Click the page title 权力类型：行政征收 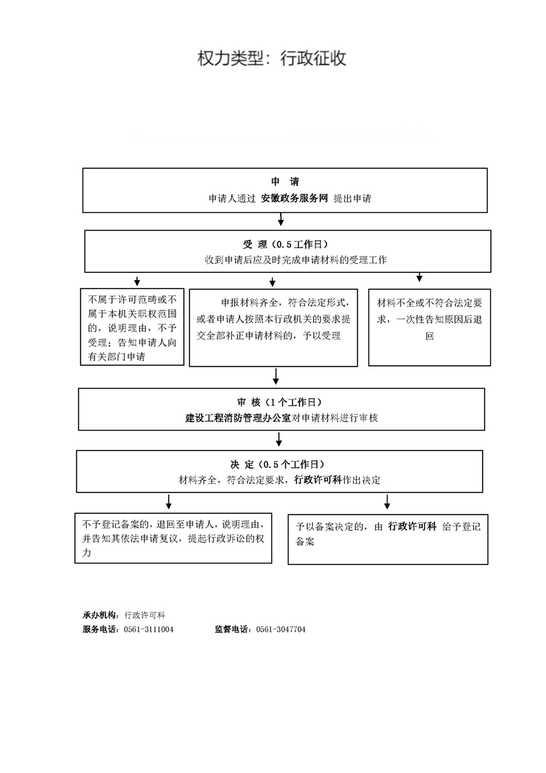[271, 58]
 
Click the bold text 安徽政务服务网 [294, 198]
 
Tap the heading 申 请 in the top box [285, 181]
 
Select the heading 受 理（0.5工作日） [285, 244]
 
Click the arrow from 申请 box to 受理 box [281, 219]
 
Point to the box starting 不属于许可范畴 [132, 327]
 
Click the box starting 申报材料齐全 [273, 328]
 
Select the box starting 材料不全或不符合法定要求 [430, 327]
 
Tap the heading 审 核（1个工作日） [280, 402]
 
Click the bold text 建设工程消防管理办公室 [238, 418]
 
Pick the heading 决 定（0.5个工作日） [277, 464]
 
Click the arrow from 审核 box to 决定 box [279, 440]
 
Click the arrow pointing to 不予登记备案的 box [169, 502]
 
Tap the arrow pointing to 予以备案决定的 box [387, 502]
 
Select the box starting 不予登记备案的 [174, 538]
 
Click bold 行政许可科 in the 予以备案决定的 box [412, 526]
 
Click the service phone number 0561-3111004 [148, 630]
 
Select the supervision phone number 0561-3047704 [281, 630]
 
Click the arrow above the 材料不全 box [419, 277]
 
